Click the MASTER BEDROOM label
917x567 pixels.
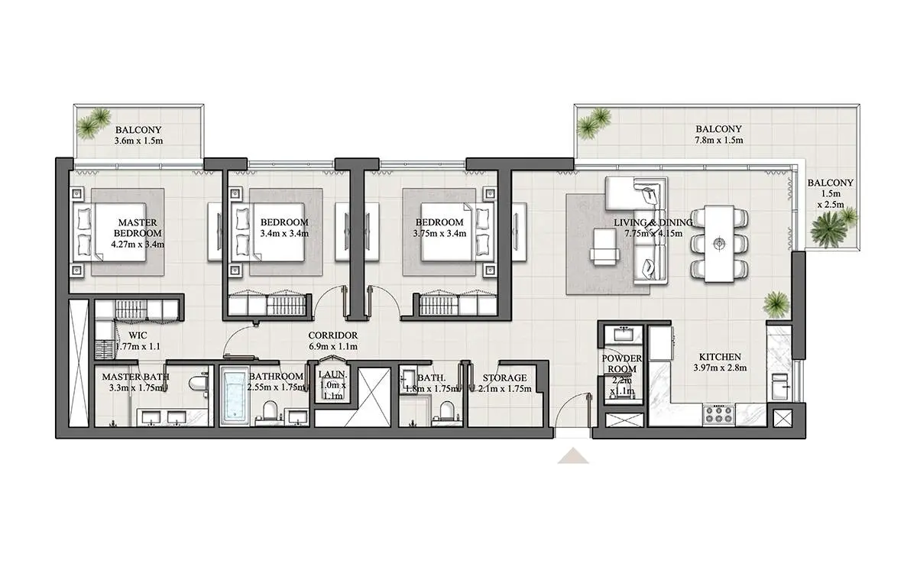point(138,228)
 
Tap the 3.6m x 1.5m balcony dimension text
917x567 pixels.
point(138,141)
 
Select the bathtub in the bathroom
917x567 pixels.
point(235,396)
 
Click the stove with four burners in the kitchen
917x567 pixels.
point(719,414)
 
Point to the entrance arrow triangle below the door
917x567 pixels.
point(573,455)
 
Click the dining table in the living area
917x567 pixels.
point(719,244)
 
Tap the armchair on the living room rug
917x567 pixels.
point(604,245)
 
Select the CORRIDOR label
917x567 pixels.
point(333,335)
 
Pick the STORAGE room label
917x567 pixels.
point(504,377)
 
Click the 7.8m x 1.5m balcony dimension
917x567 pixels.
point(718,140)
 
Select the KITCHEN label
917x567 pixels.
point(720,357)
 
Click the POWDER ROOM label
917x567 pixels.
point(621,364)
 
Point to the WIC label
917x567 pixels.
point(138,335)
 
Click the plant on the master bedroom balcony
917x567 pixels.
point(93,123)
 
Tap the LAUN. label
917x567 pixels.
point(333,374)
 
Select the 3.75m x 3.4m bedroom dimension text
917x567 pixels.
point(439,234)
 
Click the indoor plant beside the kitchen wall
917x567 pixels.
point(776,305)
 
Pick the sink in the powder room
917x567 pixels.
point(623,335)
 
